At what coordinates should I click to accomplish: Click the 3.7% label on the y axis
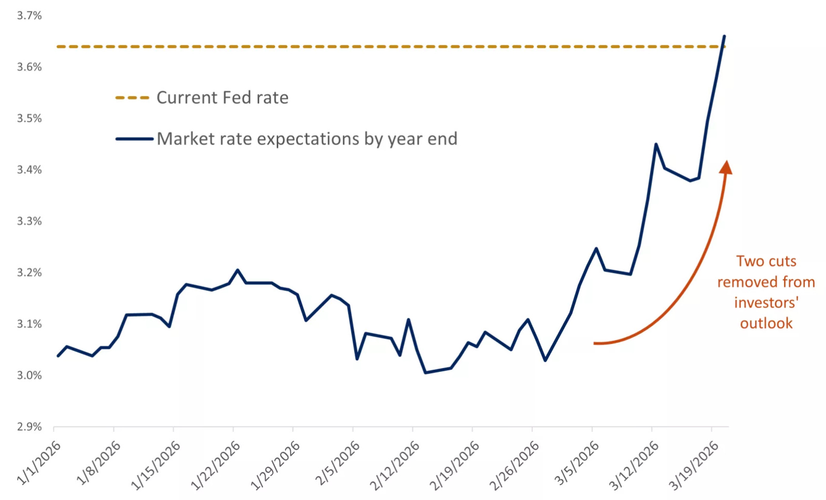[x=29, y=15]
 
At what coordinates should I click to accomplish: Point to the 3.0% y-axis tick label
[x=29, y=376]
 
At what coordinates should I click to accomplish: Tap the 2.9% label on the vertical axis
[x=29, y=427]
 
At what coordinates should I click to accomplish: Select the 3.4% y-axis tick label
[x=29, y=170]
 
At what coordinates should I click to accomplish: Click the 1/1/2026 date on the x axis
[x=39, y=463]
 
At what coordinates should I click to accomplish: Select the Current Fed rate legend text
[x=223, y=98]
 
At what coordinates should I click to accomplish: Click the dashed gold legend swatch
[x=132, y=98]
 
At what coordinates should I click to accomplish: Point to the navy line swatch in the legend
[x=134, y=139]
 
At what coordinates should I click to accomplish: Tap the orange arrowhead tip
[x=727, y=161]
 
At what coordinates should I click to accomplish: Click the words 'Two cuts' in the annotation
[x=766, y=261]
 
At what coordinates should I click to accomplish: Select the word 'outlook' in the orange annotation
[x=766, y=323]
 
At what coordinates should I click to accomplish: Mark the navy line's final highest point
[x=725, y=36]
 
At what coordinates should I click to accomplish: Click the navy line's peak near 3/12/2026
[x=656, y=144]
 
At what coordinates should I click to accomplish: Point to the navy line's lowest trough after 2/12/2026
[x=425, y=373]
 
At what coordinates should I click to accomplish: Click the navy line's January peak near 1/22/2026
[x=238, y=270]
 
